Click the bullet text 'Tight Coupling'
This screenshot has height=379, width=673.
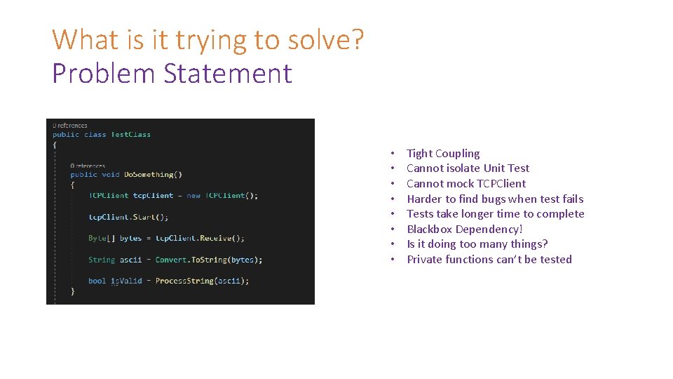coord(443,154)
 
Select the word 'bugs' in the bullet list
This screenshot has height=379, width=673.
coord(493,199)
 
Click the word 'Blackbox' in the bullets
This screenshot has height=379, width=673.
coord(429,230)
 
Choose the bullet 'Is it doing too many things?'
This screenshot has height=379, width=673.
coord(477,244)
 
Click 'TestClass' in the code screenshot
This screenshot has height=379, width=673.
coord(130,135)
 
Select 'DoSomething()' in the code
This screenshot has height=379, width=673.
coord(153,175)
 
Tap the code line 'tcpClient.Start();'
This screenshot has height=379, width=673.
coord(128,217)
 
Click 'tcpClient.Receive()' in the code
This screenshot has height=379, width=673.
coord(199,238)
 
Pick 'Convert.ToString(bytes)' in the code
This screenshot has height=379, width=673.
coord(208,260)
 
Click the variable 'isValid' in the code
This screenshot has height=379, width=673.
coord(126,281)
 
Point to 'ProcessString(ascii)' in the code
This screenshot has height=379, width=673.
coord(202,281)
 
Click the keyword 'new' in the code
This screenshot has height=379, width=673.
coord(193,196)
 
